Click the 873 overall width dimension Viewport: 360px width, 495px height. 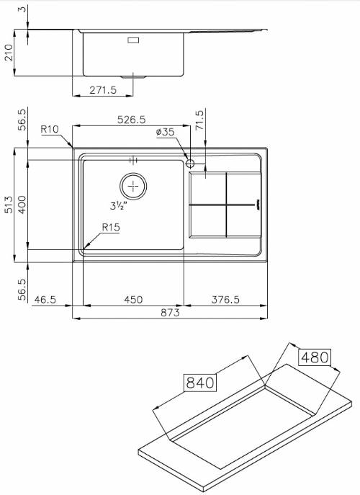170,313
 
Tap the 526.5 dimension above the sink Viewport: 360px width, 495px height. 132,120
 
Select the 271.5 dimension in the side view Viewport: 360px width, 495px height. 103,90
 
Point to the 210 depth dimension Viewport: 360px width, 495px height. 9,53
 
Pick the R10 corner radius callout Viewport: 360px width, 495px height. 50,129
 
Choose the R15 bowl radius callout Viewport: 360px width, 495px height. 111,227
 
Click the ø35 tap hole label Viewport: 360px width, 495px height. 165,132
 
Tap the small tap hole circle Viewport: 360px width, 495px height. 190,164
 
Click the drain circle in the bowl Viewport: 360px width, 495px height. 133,187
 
